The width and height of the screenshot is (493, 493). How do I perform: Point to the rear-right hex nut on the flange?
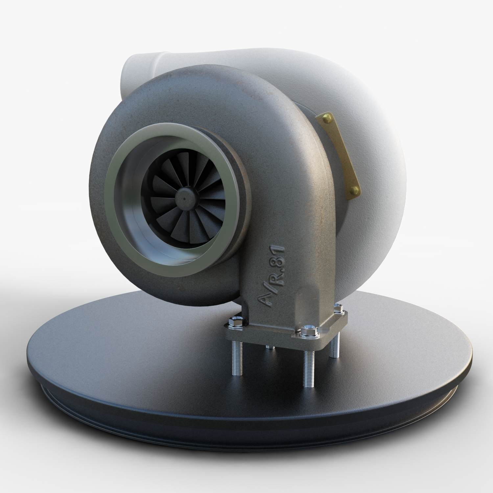[x=338, y=308]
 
